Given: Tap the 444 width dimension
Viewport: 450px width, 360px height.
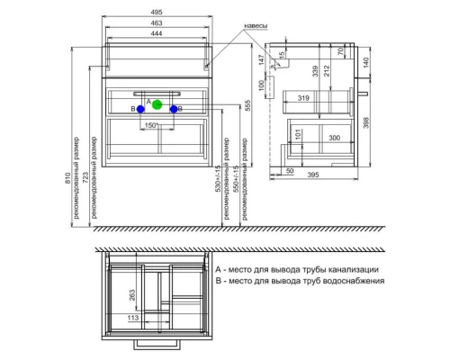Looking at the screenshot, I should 157,33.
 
